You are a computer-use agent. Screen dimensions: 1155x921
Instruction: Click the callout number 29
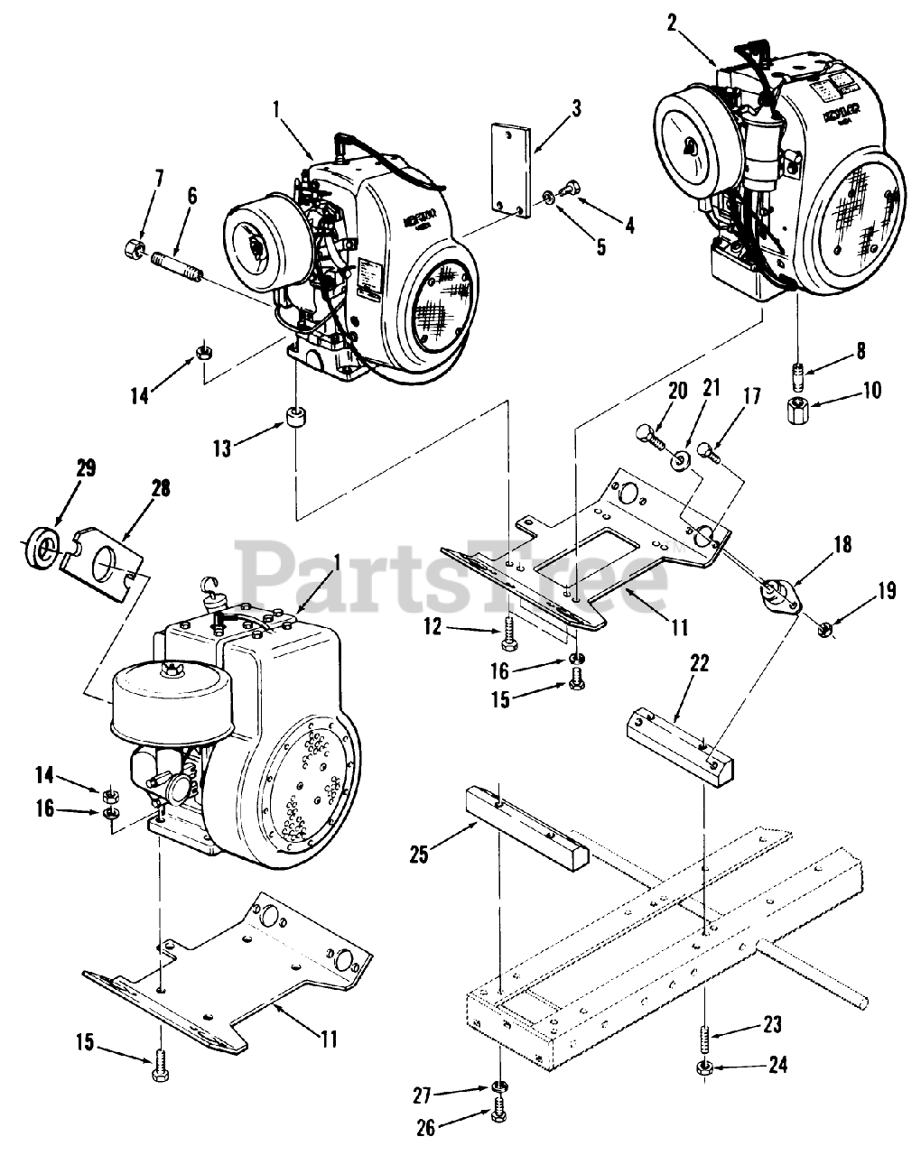(x=61, y=468)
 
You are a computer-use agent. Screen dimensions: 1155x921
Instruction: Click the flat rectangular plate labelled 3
(x=507, y=169)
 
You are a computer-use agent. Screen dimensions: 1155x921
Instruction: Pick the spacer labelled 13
(x=295, y=420)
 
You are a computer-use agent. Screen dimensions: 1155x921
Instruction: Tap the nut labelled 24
(x=706, y=1069)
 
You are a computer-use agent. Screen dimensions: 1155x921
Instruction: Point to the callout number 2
(x=671, y=24)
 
